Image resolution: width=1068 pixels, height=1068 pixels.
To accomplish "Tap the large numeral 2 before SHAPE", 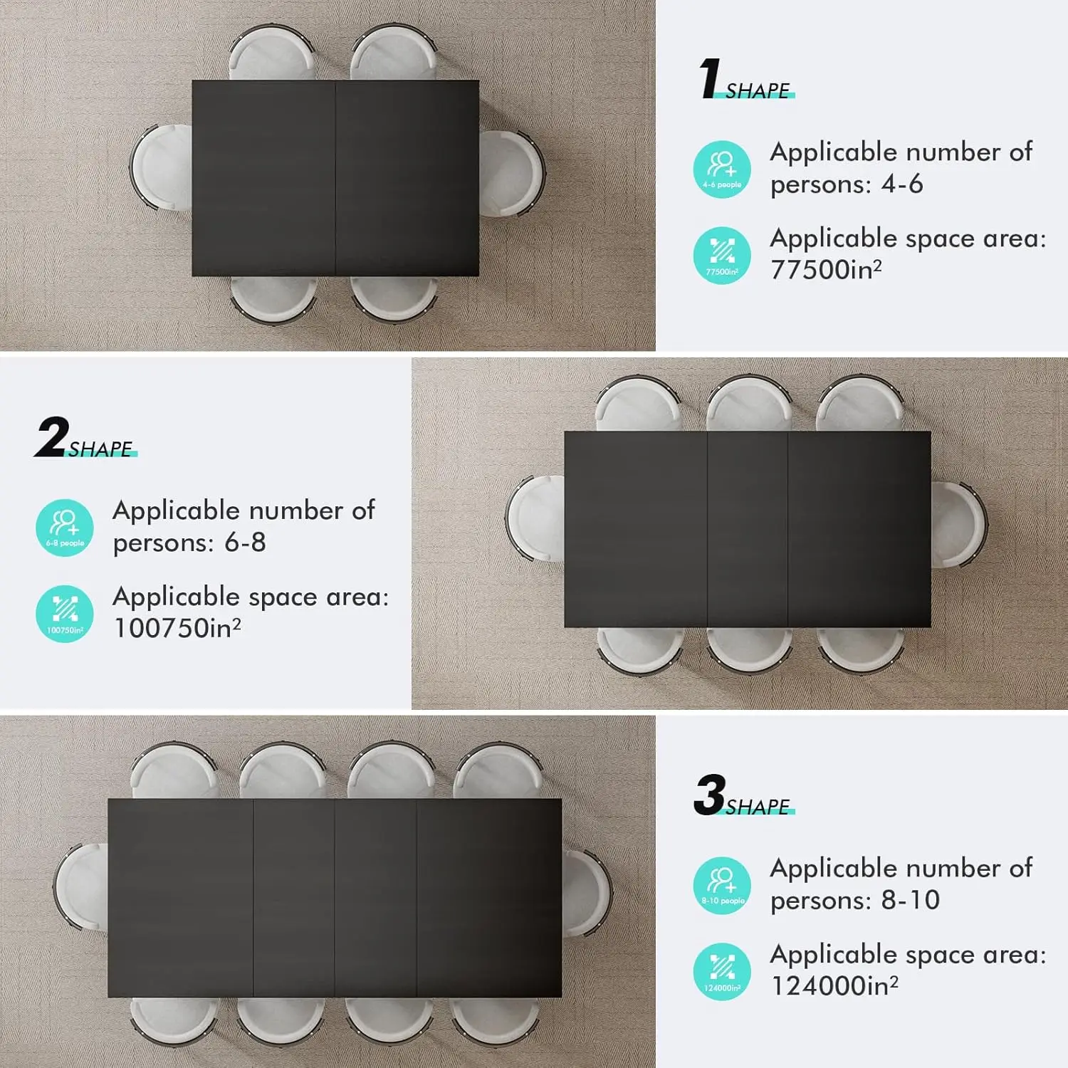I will (51, 437).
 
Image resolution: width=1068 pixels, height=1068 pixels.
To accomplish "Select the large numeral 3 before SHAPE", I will (709, 795).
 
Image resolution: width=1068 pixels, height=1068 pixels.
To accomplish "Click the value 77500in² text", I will (826, 270).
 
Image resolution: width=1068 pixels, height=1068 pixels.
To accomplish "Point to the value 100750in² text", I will (177, 628).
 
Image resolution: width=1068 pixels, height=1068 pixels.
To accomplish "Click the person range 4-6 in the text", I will (902, 184).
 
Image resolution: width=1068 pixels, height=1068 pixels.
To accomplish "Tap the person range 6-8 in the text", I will (245, 543).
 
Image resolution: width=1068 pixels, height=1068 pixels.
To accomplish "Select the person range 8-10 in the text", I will (911, 901).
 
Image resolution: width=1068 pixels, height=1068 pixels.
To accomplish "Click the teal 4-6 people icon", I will (722, 169).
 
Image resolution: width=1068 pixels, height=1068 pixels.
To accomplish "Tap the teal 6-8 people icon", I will (65, 528).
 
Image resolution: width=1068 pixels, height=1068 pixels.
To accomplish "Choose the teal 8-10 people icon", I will (722, 886).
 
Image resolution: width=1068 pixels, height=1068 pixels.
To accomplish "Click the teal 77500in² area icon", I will (722, 256).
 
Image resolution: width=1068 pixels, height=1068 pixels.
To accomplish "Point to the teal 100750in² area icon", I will (65, 614).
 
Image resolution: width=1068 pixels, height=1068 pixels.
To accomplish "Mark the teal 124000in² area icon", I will (722, 972).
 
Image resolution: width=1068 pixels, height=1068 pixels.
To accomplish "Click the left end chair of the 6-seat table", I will (160, 169).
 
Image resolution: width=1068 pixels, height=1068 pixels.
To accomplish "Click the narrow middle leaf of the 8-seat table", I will (748, 529).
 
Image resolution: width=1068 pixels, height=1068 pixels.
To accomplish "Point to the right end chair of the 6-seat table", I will (511, 172).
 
